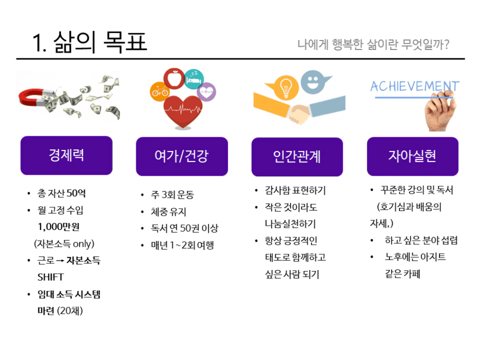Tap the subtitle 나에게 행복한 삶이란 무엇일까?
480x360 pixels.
tap(374, 44)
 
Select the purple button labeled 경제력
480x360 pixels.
tap(66, 155)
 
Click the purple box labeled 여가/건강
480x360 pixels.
tap(182, 156)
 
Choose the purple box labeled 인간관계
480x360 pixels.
tap(297, 157)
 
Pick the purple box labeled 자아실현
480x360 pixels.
tap(413, 156)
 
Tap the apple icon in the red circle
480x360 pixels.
tap(174, 78)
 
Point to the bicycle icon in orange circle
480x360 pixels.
tap(159, 92)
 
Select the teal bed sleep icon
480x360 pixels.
tap(194, 79)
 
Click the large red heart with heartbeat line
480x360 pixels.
tap(183, 111)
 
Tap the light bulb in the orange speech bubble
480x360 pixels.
tap(285, 87)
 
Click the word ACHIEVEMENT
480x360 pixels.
tap(415, 86)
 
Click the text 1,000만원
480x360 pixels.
tap(58, 227)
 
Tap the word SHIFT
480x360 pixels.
tap(51, 277)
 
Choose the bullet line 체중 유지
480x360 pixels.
tap(168, 212)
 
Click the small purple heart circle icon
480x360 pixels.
tap(206, 92)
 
